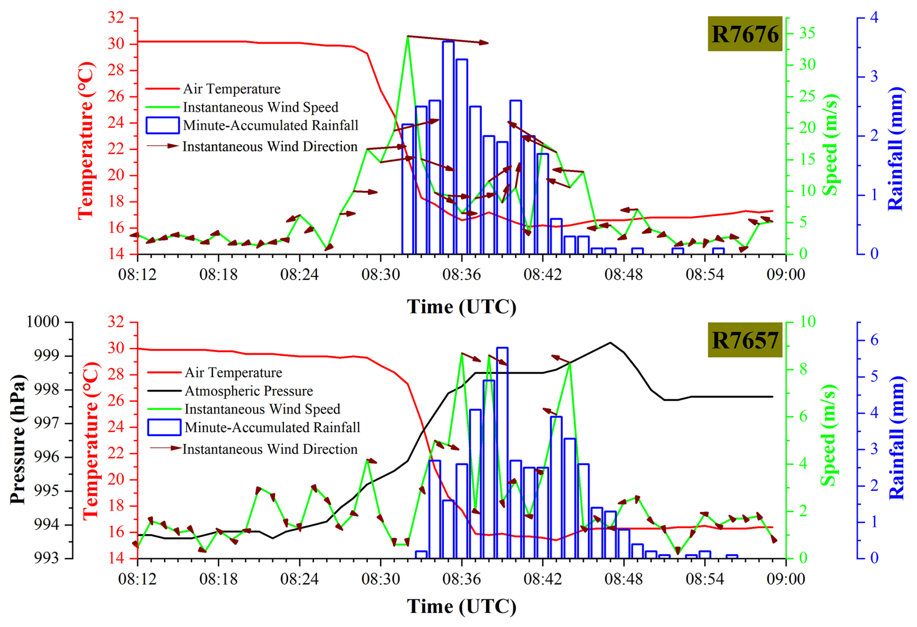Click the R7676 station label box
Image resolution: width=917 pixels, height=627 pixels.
coord(745,34)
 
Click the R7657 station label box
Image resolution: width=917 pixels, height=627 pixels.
coord(745,340)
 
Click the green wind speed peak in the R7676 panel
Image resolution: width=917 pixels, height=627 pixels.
coord(408,37)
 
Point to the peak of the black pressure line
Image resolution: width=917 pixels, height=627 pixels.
coord(610,343)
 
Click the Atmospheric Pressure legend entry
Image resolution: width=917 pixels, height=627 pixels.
coord(248,391)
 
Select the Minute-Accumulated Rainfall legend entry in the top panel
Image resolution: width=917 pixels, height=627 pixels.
coord(270,125)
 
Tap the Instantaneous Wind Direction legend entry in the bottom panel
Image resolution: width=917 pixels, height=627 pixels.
coord(269,449)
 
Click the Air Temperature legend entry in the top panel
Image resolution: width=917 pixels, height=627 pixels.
coord(231,89)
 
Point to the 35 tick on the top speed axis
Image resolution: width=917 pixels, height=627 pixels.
coord(806,33)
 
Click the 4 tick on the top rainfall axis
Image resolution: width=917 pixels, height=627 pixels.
coord(874,18)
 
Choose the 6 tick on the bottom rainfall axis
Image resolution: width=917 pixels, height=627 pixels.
coord(874,340)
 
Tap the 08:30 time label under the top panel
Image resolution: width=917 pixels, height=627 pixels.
coord(380,275)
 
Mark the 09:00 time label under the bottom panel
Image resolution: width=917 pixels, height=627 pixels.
coord(785,579)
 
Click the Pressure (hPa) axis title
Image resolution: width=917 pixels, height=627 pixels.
coord(17,439)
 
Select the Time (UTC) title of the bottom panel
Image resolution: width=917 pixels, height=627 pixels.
coord(461,607)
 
